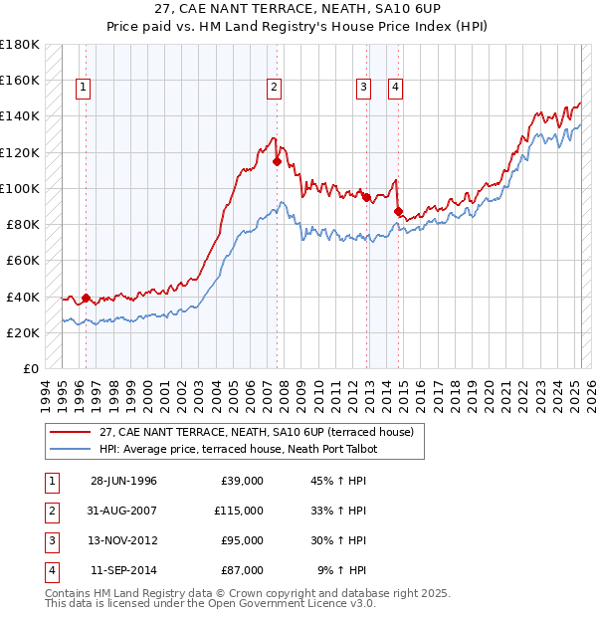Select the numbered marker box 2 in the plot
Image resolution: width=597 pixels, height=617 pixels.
(273, 88)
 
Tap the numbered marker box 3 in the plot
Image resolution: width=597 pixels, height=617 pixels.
(364, 88)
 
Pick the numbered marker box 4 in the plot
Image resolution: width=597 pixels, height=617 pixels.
(395, 88)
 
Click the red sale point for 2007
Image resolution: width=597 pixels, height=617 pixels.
(277, 160)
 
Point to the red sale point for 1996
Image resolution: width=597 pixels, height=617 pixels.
(86, 298)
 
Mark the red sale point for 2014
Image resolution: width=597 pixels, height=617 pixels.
(398, 211)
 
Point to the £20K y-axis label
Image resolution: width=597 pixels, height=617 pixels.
(22, 332)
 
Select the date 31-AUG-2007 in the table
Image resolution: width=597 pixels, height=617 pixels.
(123, 511)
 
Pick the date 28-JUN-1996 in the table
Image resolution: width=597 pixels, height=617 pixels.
(123, 481)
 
